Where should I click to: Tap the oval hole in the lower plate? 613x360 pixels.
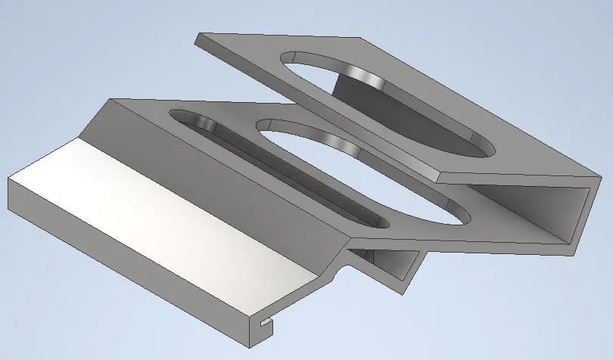point(363,170)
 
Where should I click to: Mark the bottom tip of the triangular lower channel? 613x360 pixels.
point(404,292)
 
